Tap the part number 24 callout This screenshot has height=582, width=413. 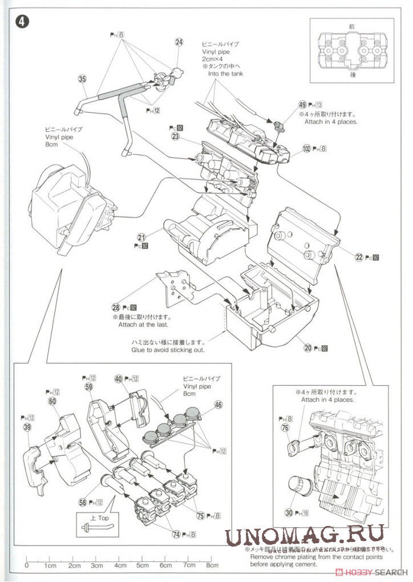click(179, 42)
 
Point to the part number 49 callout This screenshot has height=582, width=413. click(302, 105)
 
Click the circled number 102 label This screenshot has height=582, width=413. click(307, 148)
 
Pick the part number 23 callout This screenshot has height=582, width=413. click(175, 136)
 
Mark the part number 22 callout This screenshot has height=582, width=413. click(359, 257)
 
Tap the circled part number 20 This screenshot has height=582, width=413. click(307, 346)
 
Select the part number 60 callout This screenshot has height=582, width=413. click(52, 401)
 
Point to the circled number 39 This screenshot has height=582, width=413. click(27, 427)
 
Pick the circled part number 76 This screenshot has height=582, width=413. click(285, 428)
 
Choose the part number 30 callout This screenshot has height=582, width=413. click(289, 512)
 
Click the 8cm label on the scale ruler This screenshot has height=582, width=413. click(212, 565)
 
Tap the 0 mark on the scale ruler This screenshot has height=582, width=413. click(27, 565)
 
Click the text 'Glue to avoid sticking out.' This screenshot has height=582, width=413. click(168, 349)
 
